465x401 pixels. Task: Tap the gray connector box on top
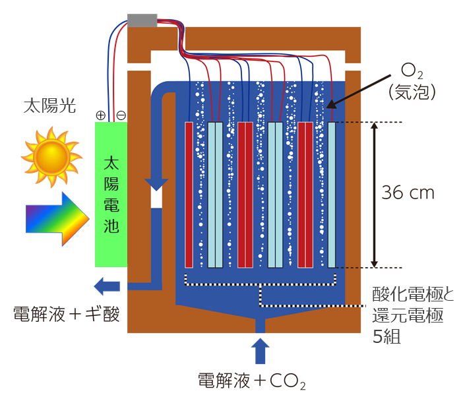[142, 20]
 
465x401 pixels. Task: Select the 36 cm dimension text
[408, 193]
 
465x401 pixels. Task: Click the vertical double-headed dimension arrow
[374, 195]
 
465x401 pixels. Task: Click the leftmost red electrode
[189, 195]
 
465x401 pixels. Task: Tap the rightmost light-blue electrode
[332, 195]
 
